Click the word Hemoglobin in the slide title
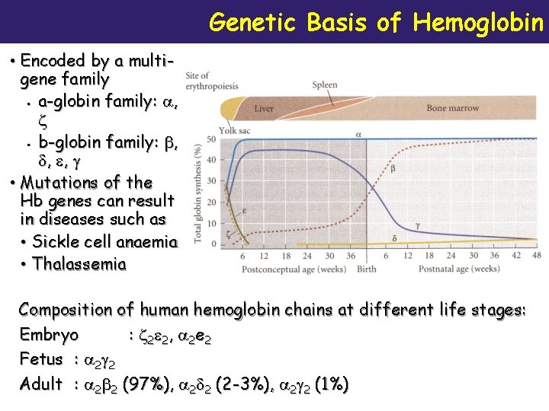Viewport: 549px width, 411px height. click(x=478, y=22)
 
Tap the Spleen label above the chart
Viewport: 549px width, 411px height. click(x=324, y=85)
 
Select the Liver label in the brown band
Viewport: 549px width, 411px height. click(x=263, y=109)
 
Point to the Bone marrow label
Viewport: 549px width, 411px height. click(x=452, y=108)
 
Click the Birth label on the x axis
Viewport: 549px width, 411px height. click(x=366, y=269)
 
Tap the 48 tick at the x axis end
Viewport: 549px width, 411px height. click(x=537, y=256)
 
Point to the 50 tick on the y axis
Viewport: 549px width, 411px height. click(x=210, y=139)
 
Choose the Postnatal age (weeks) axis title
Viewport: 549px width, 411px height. click(x=459, y=269)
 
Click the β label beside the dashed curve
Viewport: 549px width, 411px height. click(x=393, y=168)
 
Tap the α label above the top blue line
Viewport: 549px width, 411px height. click(x=358, y=134)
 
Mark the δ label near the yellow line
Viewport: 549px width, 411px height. click(x=394, y=238)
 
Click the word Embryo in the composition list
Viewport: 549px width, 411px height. click(x=48, y=335)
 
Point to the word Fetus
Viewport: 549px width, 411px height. click(x=41, y=359)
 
